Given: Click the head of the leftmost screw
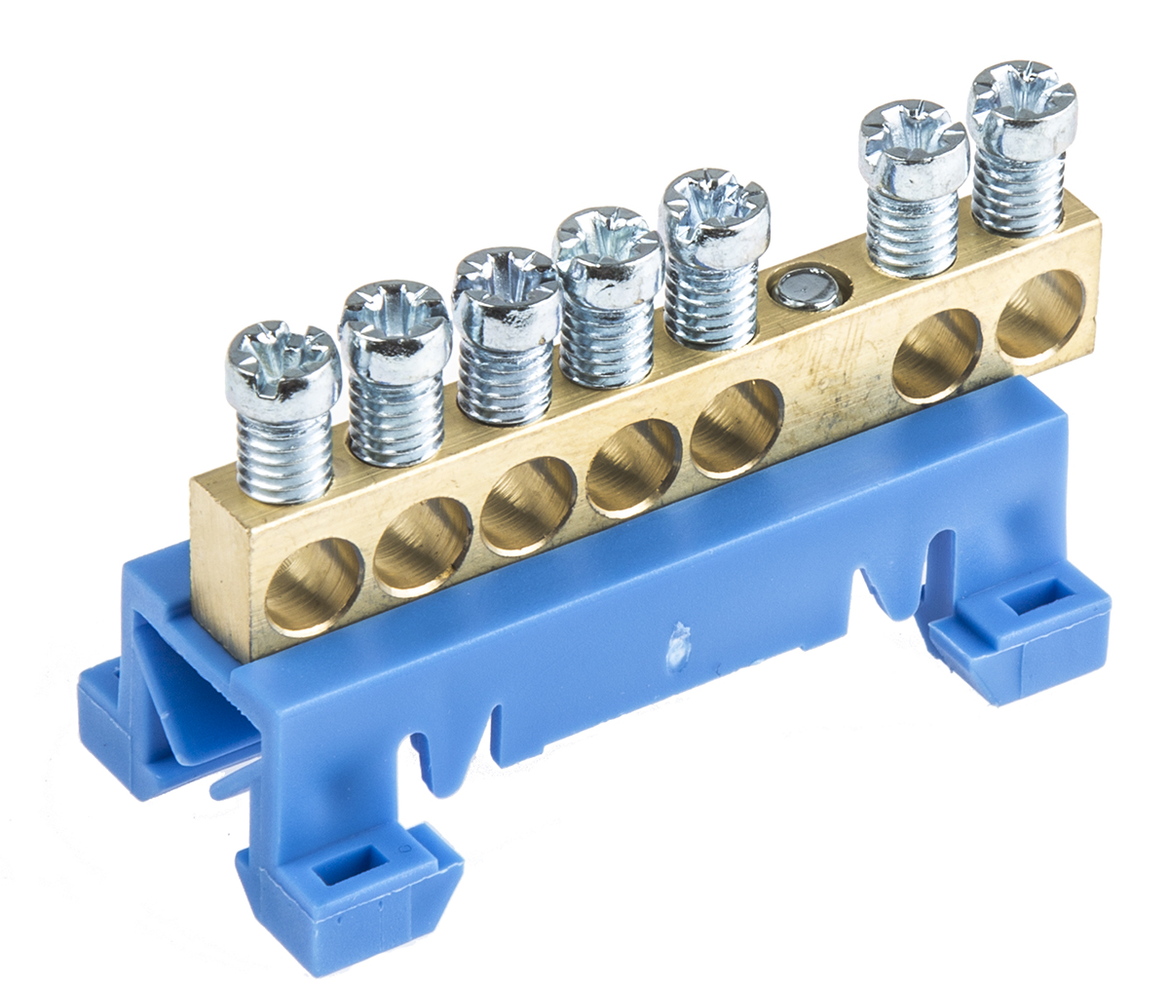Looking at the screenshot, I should point(283,366).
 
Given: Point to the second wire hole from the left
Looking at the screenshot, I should point(423,547).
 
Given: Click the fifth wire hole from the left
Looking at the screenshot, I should point(736,430).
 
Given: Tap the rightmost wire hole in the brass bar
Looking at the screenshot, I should point(1039,317).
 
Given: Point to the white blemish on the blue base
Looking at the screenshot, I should point(673,649).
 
